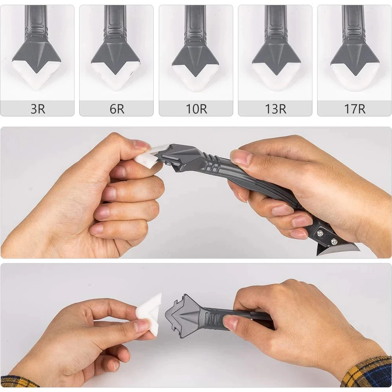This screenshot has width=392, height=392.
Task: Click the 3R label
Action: pyautogui.click(x=38, y=109)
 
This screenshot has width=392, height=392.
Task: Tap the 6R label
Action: pyautogui.click(x=117, y=109)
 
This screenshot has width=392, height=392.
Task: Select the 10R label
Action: pyautogui.click(x=196, y=109)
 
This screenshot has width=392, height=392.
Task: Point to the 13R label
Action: pyautogui.click(x=275, y=109)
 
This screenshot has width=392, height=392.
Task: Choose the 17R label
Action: pyautogui.click(x=354, y=109)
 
